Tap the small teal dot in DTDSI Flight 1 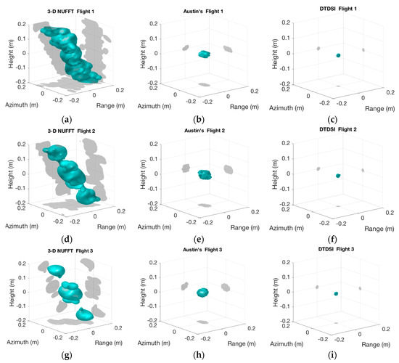[x=337, y=55]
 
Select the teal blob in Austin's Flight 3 [x=202, y=293]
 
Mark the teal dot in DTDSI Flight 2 [x=337, y=175]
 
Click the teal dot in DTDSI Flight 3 [x=336, y=293]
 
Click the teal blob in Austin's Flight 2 [x=205, y=174]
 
